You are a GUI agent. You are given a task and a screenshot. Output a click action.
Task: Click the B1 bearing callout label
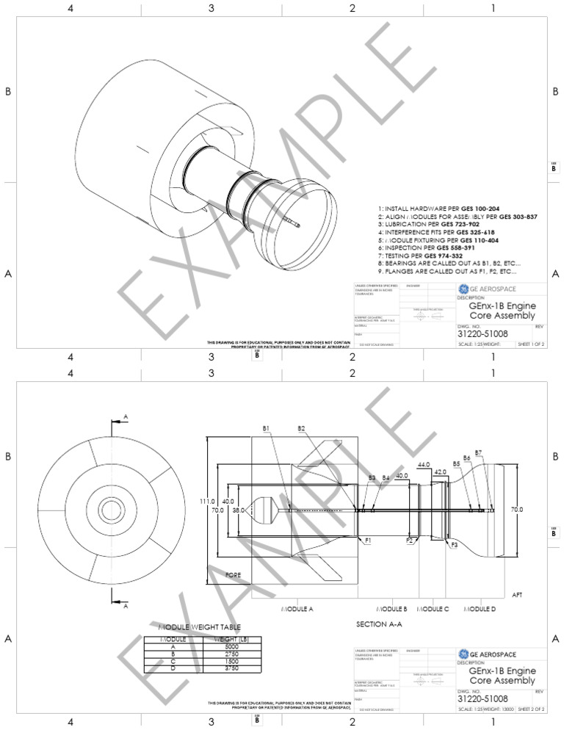point(267,428)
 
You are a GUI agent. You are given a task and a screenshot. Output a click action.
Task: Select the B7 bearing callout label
point(478,452)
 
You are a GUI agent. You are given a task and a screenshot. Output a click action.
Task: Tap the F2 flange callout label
point(410,541)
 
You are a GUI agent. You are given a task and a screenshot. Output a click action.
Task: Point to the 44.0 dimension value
point(424,465)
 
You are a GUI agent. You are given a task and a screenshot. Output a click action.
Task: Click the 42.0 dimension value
point(441,471)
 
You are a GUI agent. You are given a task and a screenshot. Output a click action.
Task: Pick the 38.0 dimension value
point(239,509)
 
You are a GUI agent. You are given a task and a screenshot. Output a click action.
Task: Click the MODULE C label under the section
point(433,610)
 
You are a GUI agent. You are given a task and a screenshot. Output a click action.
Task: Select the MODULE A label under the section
point(297,610)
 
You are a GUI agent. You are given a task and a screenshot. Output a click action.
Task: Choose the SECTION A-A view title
point(378,624)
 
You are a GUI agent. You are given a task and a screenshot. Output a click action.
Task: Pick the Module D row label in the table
point(173,668)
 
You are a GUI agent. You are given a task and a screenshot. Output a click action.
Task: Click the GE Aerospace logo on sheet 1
point(463,288)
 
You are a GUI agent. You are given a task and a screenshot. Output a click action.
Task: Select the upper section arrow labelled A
point(118,421)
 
